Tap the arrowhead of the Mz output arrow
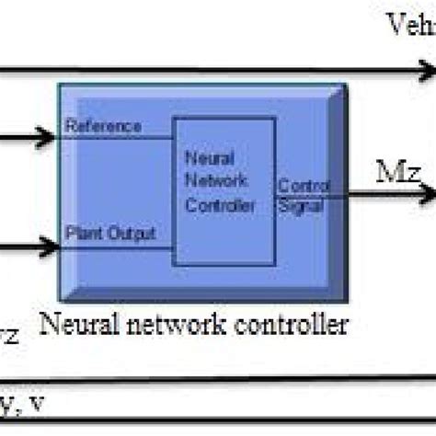(425, 194)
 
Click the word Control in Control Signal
(297, 184)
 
